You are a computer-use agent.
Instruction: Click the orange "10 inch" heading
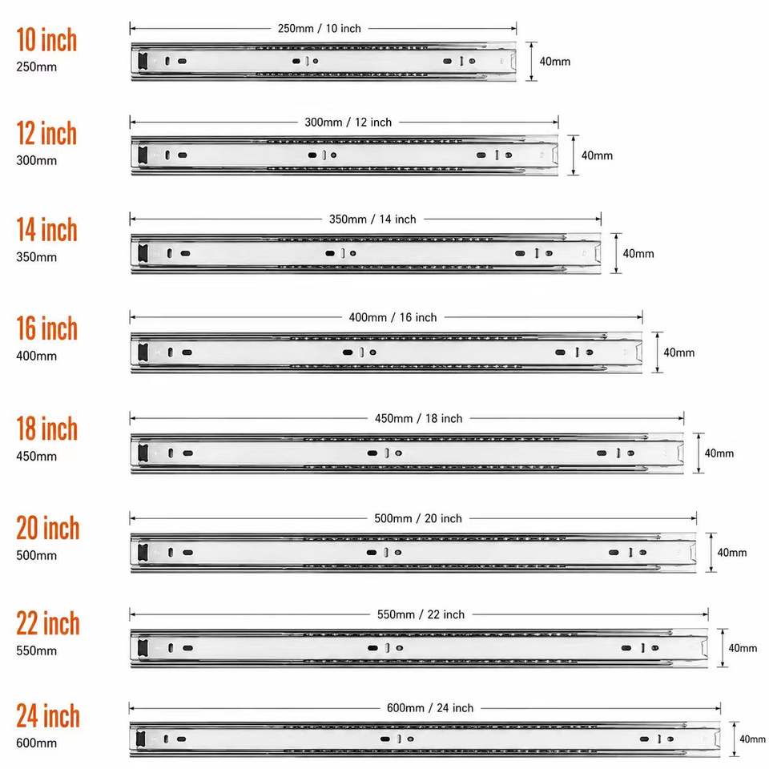pyautogui.click(x=46, y=40)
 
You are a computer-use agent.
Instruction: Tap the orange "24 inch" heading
pyautogui.click(x=48, y=715)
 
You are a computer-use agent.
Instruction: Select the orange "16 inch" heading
pyautogui.click(x=47, y=328)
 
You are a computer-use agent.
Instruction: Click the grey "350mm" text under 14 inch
pyautogui.click(x=36, y=257)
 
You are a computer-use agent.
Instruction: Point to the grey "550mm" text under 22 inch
pyautogui.click(x=36, y=650)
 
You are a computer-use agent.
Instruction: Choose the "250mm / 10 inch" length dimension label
pyautogui.click(x=320, y=29)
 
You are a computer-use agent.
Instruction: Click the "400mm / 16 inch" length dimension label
pyautogui.click(x=393, y=317)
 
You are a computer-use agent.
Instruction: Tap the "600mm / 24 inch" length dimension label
pyautogui.click(x=430, y=707)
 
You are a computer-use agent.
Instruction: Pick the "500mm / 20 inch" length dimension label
pyautogui.click(x=418, y=518)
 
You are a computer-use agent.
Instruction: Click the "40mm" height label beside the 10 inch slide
pyautogui.click(x=554, y=62)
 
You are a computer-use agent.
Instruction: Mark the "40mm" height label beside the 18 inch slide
pyautogui.click(x=719, y=453)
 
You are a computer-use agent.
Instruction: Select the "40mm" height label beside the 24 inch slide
pyautogui.click(x=752, y=739)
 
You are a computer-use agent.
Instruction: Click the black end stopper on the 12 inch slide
pyautogui.click(x=143, y=155)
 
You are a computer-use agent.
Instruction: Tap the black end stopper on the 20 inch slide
pyautogui.click(x=143, y=552)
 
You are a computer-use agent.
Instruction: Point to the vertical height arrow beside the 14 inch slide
pyautogui.click(x=617, y=253)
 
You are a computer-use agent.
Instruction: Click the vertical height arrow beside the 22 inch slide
pyautogui.click(x=723, y=648)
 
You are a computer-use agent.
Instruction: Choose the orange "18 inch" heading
pyautogui.click(x=47, y=429)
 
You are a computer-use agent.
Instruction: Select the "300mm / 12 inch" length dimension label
pyautogui.click(x=348, y=122)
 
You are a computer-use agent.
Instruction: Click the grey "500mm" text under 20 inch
pyautogui.click(x=36, y=556)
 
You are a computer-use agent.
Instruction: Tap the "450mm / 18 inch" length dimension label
pyautogui.click(x=418, y=418)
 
